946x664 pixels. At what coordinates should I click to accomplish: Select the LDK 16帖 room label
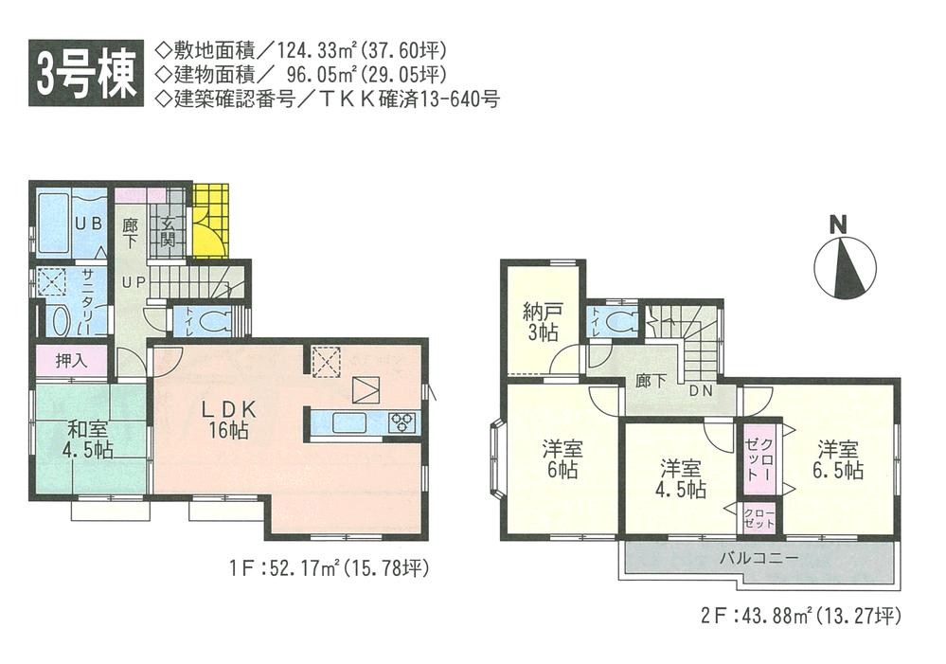[x=228, y=421]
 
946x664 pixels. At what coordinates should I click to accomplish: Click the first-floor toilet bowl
[x=217, y=319]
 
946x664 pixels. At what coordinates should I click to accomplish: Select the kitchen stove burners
[x=402, y=422]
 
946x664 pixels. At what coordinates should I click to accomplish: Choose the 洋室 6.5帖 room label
[x=840, y=459]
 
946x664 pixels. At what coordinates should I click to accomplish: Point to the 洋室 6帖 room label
[x=561, y=458]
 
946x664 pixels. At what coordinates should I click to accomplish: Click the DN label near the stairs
[x=701, y=391]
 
